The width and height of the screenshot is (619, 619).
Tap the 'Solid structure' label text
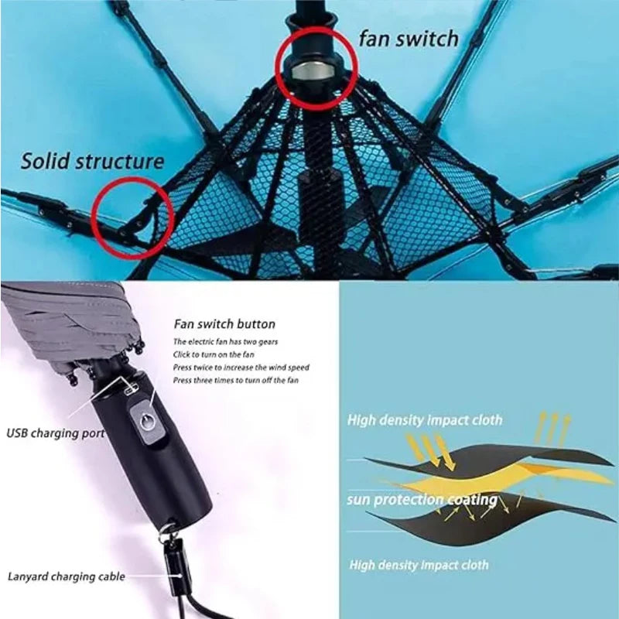(x=92, y=161)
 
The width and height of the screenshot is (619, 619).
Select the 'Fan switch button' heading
(x=224, y=324)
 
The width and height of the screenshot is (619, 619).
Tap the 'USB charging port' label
(x=55, y=433)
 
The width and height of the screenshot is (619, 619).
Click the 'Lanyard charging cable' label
(x=66, y=576)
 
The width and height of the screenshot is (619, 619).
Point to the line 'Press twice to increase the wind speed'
(x=241, y=367)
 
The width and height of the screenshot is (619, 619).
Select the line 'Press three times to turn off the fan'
(x=235, y=380)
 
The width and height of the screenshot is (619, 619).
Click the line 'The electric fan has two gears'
(x=226, y=341)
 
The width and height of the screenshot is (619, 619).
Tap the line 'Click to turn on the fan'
(x=214, y=354)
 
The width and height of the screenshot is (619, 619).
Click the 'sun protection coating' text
(x=422, y=500)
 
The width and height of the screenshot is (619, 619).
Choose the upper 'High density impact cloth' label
(x=424, y=420)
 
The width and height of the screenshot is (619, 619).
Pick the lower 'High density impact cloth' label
(x=419, y=565)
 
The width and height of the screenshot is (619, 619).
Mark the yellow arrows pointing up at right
(x=552, y=426)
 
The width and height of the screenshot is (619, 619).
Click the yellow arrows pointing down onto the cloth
(x=430, y=449)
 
